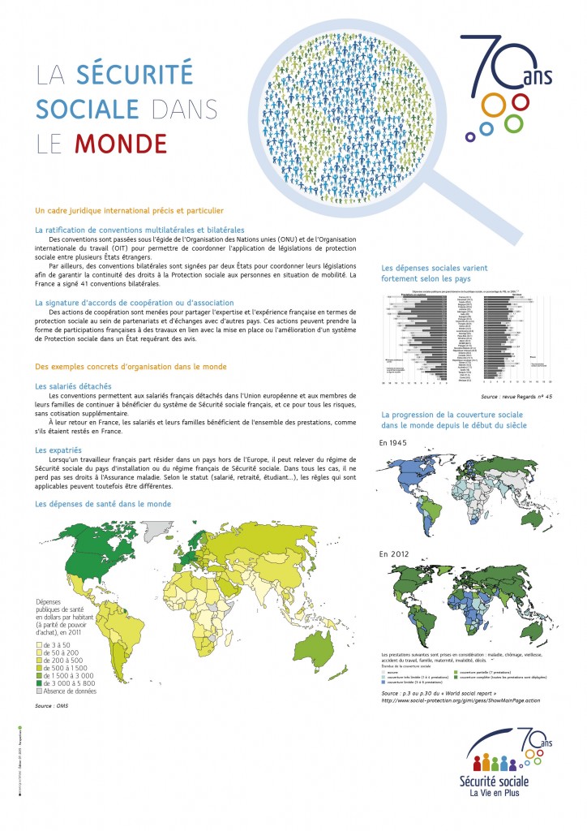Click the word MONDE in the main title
(121, 143)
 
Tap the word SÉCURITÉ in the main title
(135, 75)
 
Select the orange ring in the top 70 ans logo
(491, 105)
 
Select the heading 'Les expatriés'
(59, 449)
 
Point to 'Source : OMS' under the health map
(50, 708)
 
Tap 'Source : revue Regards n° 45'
(516, 398)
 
